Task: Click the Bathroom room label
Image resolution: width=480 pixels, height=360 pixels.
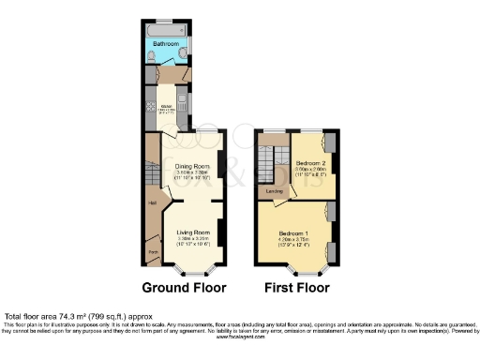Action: pos(166,43)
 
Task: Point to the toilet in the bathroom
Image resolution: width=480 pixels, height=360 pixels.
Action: pos(152,57)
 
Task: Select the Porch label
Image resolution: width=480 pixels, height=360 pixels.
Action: pos(151,251)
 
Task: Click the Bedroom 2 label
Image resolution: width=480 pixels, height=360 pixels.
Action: pos(308,162)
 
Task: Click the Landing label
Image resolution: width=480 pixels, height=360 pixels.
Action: pos(274,192)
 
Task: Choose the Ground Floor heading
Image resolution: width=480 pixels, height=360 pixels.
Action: pos(187,286)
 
